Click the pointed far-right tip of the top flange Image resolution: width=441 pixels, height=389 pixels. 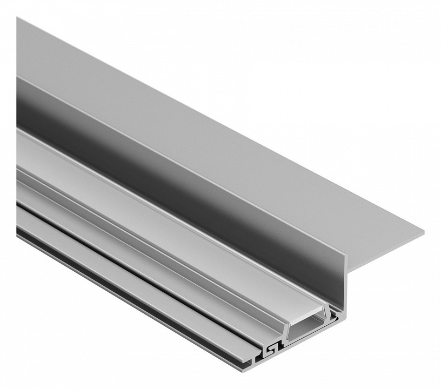pos(423,233)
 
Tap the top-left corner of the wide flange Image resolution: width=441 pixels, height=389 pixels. pos(17,18)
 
